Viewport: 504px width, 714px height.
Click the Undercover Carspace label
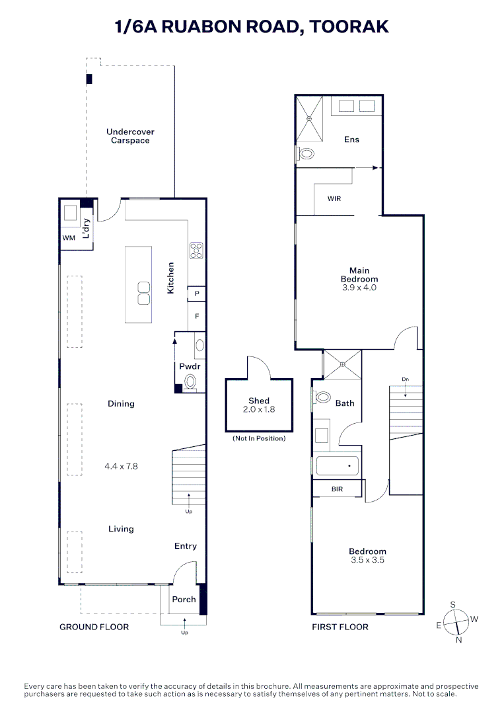[x=130, y=136]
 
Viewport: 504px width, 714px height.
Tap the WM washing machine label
[x=68, y=237]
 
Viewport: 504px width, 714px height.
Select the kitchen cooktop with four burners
[x=196, y=250]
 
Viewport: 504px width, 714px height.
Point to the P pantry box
[x=197, y=293]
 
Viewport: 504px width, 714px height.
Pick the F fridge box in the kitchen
[x=197, y=316]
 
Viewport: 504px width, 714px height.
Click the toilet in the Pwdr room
[x=191, y=381]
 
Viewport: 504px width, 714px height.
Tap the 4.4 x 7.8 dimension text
[x=121, y=466]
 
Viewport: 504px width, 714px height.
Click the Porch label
[x=184, y=600]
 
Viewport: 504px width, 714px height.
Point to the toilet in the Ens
[x=306, y=154]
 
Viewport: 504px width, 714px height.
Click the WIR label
[x=334, y=199]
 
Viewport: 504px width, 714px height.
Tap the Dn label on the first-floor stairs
[x=405, y=379]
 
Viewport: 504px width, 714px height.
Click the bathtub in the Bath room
[x=338, y=466]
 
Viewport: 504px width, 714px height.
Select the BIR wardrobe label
[x=337, y=489]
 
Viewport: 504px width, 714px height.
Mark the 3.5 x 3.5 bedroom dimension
[x=367, y=560]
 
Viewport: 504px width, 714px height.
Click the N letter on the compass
[x=458, y=639]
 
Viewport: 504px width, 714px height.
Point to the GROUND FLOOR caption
[x=94, y=627]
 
